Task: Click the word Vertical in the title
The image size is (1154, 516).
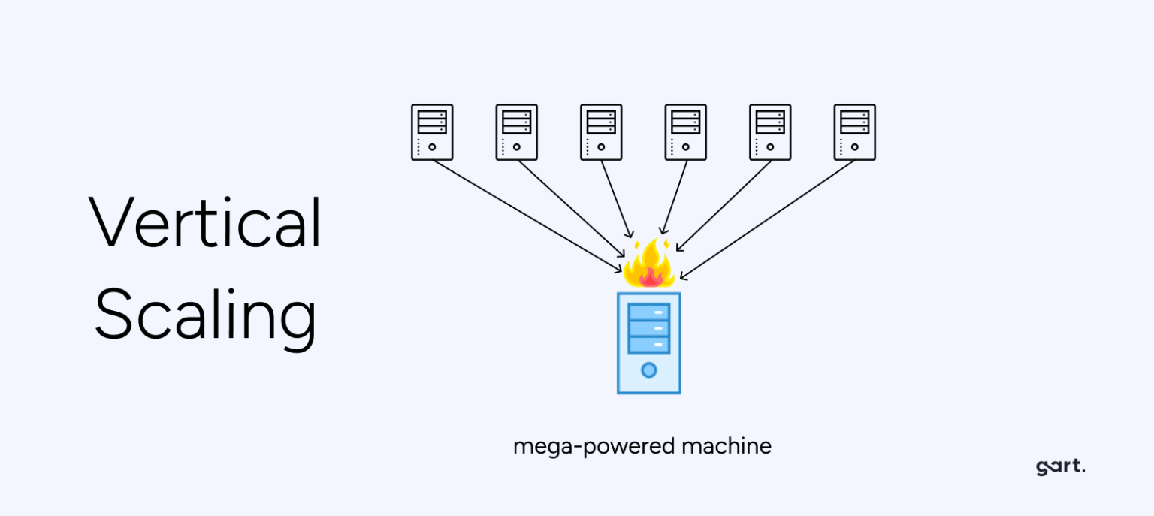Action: (x=206, y=222)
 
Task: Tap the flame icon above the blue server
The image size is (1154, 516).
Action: (x=648, y=264)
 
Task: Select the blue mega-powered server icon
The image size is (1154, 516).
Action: (x=648, y=342)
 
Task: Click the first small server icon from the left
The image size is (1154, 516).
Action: (x=432, y=132)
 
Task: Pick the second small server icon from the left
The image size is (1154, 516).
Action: (x=517, y=132)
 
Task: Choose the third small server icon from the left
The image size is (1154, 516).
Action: (x=601, y=132)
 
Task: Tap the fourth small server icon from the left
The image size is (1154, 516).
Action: (x=685, y=132)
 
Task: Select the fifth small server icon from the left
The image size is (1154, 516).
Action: (x=770, y=132)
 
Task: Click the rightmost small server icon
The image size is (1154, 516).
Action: (x=854, y=132)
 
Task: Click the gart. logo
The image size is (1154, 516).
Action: (x=1060, y=466)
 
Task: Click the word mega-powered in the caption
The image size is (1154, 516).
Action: (x=593, y=447)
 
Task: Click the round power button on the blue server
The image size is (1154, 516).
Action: (x=648, y=370)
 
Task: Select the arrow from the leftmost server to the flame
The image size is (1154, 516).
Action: (x=526, y=215)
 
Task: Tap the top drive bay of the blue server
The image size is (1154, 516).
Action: (x=648, y=312)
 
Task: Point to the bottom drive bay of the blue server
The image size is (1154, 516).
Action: (x=648, y=345)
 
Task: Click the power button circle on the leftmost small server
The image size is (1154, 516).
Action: (x=432, y=147)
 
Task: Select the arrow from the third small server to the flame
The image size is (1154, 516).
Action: (x=616, y=199)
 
